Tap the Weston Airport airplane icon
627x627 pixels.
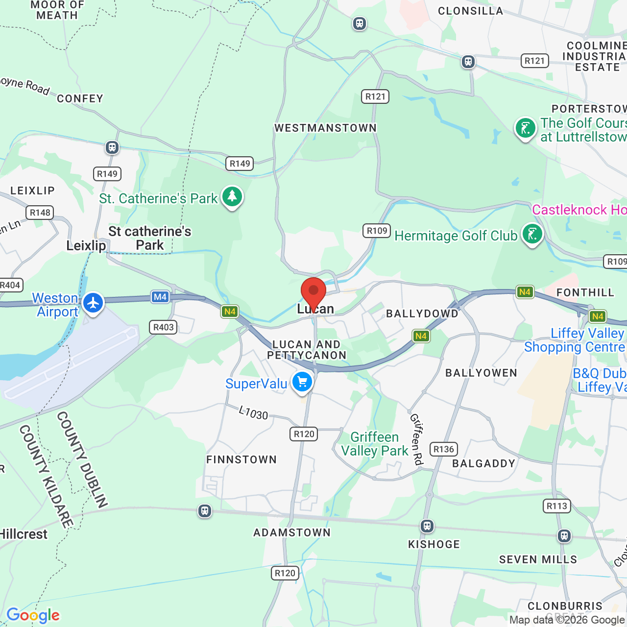pyautogui.click(x=93, y=303)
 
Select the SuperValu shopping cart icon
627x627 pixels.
pyautogui.click(x=302, y=382)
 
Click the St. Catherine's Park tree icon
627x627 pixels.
pyautogui.click(x=232, y=196)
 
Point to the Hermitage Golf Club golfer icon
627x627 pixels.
pyautogui.click(x=532, y=234)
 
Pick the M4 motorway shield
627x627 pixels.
pyautogui.click(x=160, y=297)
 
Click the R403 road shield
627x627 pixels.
pyautogui.click(x=164, y=327)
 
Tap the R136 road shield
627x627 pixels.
pyautogui.click(x=444, y=449)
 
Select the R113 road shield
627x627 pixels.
pyautogui.click(x=557, y=506)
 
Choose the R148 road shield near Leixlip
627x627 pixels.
pyautogui.click(x=40, y=213)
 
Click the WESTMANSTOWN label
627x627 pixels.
pyautogui.click(x=326, y=128)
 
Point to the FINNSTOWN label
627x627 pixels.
pyautogui.click(x=241, y=459)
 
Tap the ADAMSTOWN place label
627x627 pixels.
pyautogui.click(x=292, y=532)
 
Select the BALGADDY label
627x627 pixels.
pyautogui.click(x=484, y=463)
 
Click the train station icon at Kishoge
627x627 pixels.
pyautogui.click(x=427, y=526)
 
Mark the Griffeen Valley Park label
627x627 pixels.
pyautogui.click(x=375, y=444)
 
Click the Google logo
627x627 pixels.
pyautogui.click(x=33, y=615)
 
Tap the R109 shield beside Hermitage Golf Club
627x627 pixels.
pyautogui.click(x=377, y=231)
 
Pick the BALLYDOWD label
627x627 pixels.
pyautogui.click(x=422, y=313)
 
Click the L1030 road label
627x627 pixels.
pyautogui.click(x=253, y=413)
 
